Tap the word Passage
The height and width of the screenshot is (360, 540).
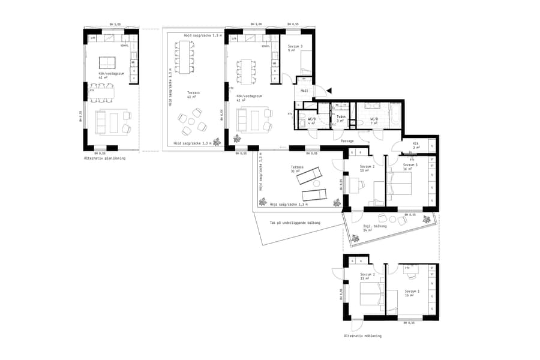click(x=347, y=140)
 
